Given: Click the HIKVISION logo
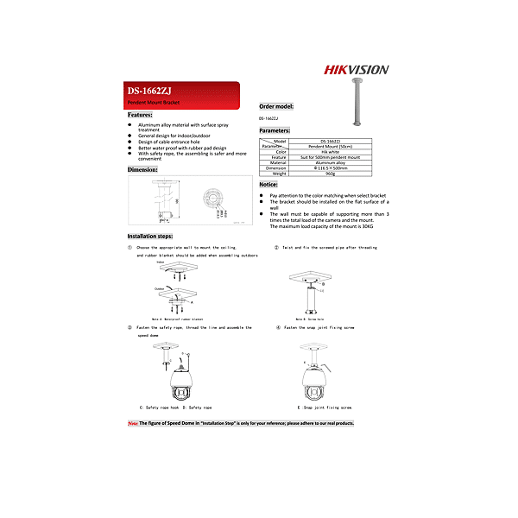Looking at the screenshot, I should tap(357, 69).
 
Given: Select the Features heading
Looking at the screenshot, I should tap(141, 114).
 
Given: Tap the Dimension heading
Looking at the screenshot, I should tap(142, 170).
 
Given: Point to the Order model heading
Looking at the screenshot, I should tap(276, 106).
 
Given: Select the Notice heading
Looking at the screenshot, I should tap(268, 185).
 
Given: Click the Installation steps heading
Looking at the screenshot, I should tap(150, 236).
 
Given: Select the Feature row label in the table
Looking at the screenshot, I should tap(278, 156).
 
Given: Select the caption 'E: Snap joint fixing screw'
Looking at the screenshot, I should tap(324, 406).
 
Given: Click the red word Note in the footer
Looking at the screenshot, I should tap(133, 423).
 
